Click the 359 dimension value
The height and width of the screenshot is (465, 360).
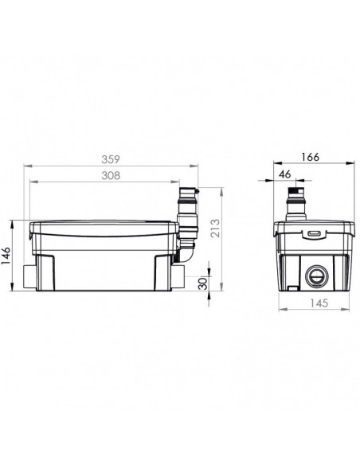[111, 159]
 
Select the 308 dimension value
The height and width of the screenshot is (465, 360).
[111, 175]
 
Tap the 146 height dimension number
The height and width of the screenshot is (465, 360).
[6, 255]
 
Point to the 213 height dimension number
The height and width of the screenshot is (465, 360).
[216, 228]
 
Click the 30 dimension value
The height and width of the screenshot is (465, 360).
[203, 283]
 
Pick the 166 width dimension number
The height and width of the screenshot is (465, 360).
[310, 157]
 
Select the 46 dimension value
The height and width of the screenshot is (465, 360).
[285, 174]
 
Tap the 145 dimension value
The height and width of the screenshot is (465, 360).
[319, 303]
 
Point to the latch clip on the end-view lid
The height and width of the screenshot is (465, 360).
[314, 234]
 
